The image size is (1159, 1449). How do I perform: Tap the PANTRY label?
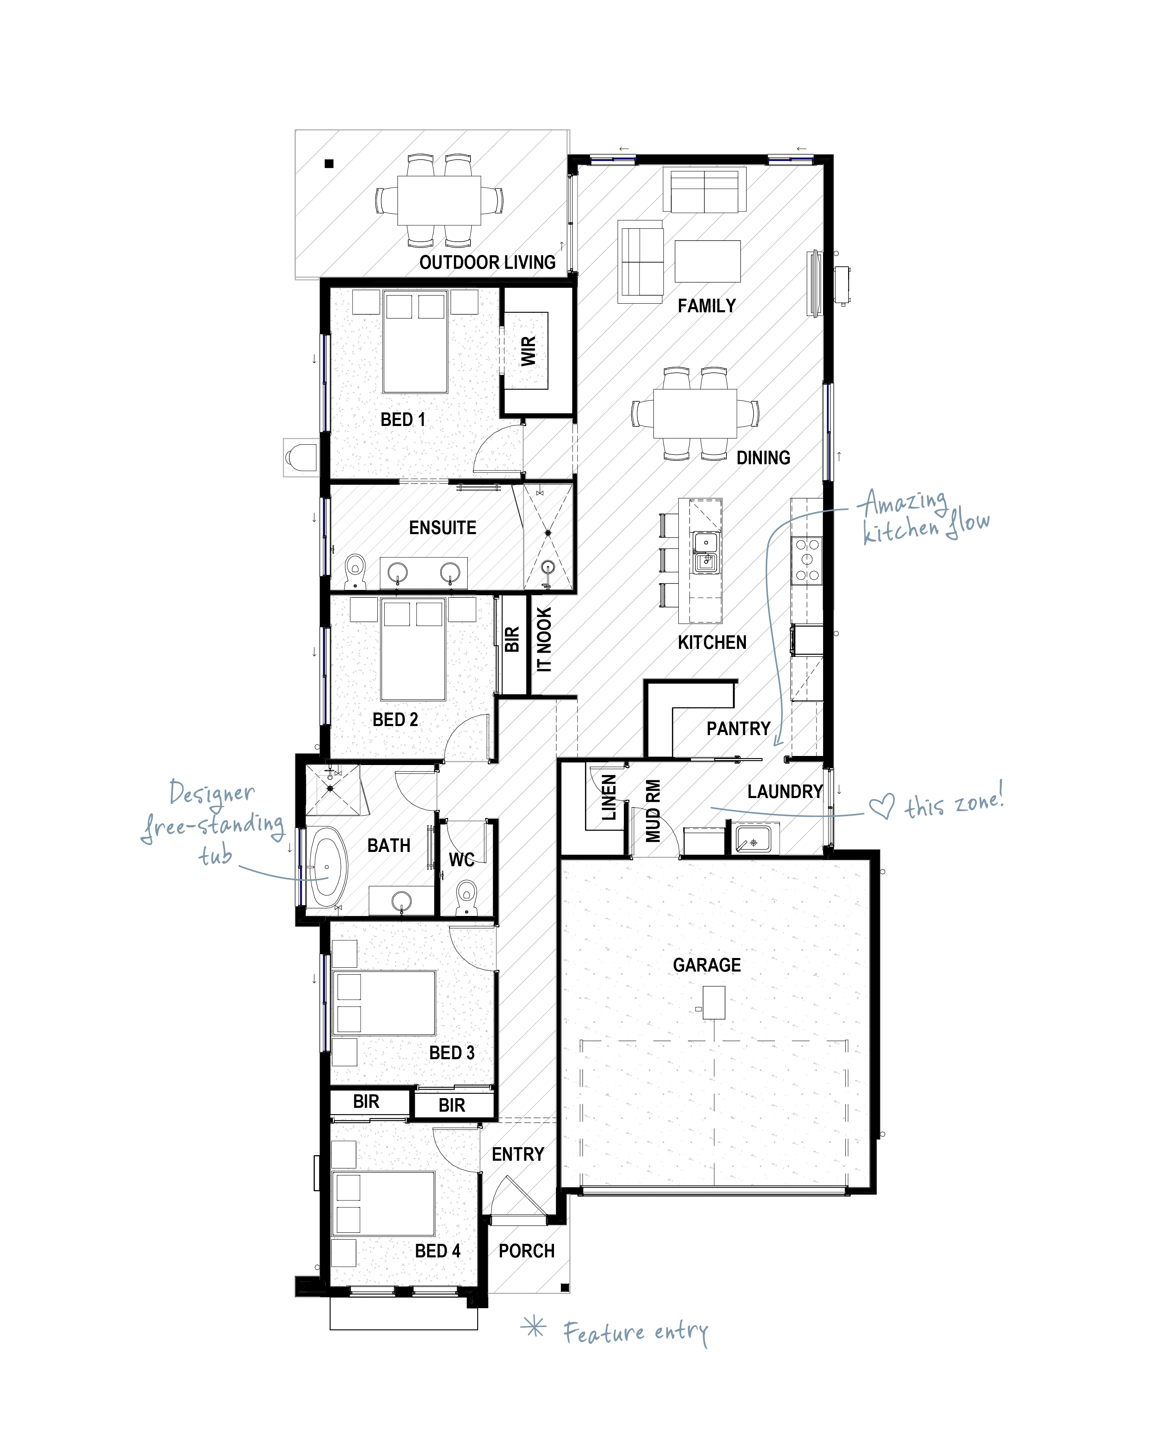point(738,728)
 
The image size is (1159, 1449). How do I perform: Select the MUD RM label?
point(653,811)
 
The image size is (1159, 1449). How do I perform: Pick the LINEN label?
point(609,797)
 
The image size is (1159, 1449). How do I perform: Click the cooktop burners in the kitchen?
point(807,559)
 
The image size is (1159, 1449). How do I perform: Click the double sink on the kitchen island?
point(705,553)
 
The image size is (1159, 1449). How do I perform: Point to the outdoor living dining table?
point(439,200)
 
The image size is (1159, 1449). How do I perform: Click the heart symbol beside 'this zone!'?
point(882,806)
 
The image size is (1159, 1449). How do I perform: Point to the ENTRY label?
point(518,1154)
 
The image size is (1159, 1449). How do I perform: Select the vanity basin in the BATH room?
point(401,901)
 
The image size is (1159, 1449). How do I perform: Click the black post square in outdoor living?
point(329,163)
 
